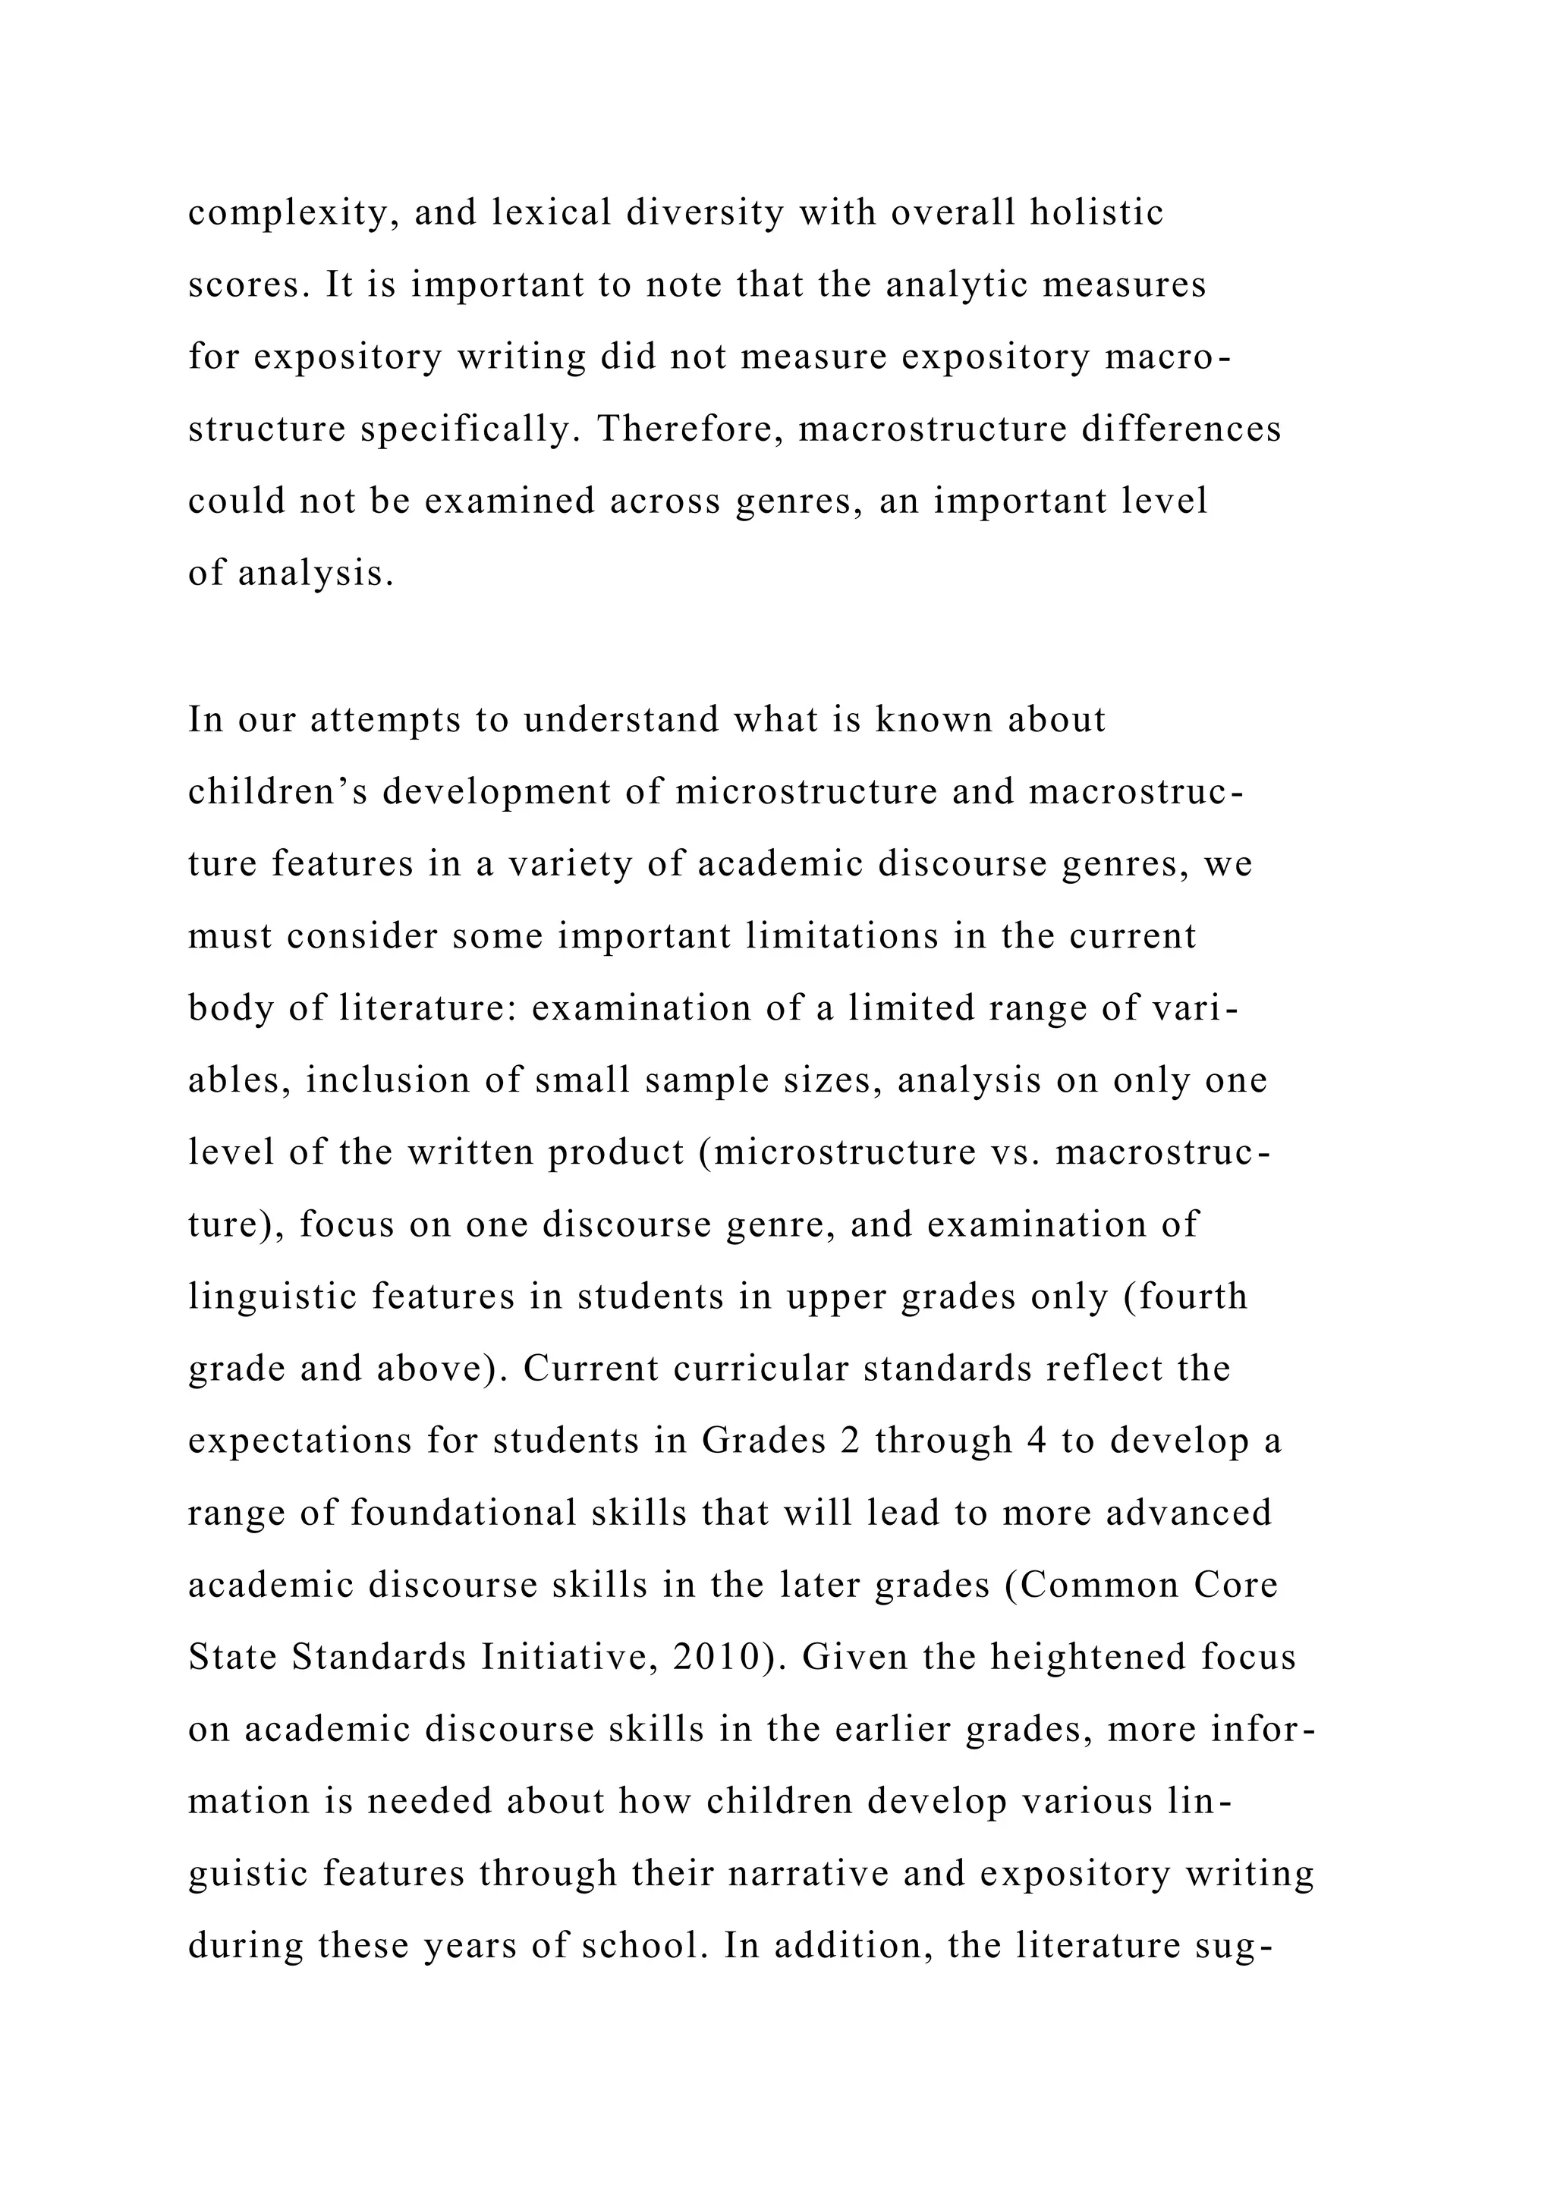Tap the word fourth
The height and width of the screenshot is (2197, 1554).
pos(1194,1297)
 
